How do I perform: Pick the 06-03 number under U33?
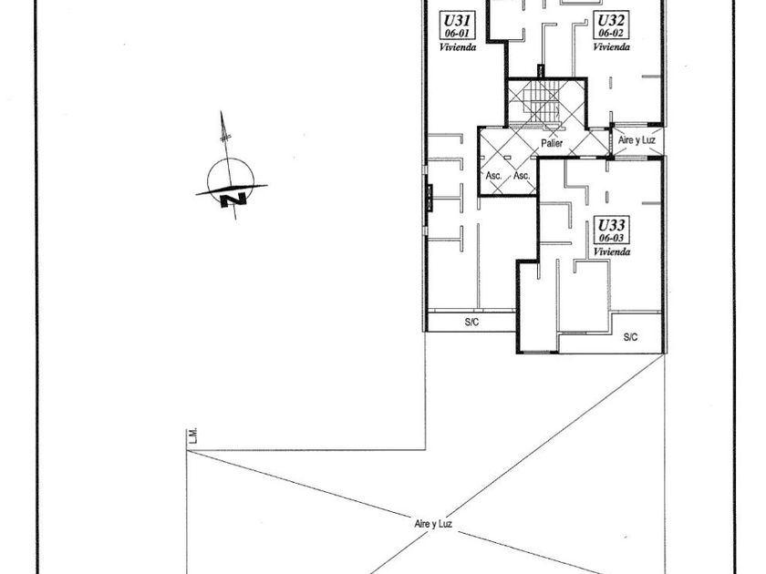(608, 237)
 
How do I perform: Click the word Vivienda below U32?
(610, 46)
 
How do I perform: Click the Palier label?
(551, 143)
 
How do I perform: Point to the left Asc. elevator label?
(495, 175)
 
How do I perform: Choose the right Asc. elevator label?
(523, 175)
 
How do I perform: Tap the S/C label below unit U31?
(471, 322)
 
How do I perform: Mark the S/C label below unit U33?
(630, 337)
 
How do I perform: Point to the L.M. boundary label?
(193, 437)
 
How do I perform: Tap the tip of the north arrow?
(223, 113)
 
